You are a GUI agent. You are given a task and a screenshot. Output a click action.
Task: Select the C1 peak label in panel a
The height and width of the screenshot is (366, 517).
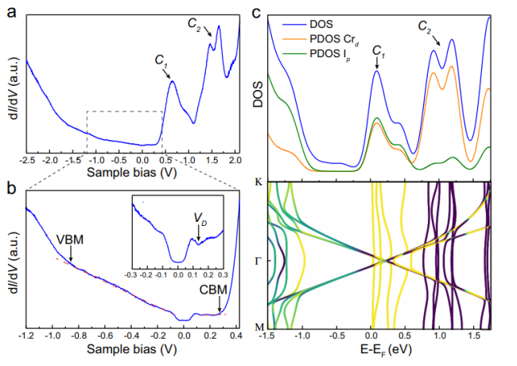pos(161,60)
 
